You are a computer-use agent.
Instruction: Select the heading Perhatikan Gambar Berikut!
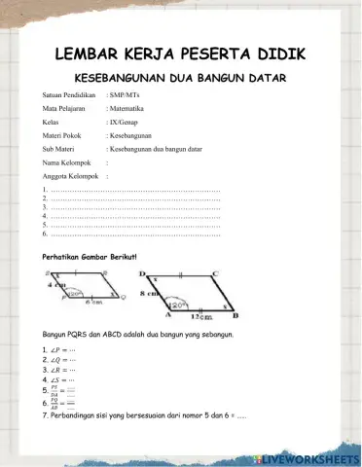click(85, 256)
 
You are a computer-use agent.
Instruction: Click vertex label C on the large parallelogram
click(214, 274)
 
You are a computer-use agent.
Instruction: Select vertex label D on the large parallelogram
click(143, 274)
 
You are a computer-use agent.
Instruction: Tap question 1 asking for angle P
click(60, 347)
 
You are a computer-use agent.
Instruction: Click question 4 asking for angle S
click(60, 380)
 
